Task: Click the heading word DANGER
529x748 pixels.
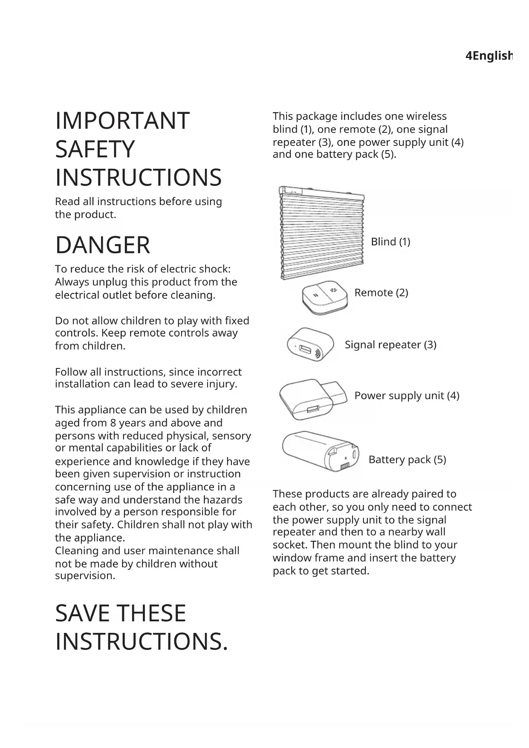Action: [x=103, y=245]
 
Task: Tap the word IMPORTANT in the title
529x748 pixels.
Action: [x=122, y=121]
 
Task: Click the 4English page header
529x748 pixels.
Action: [x=489, y=56]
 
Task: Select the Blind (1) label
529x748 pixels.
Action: [x=390, y=242]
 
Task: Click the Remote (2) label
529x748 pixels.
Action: [x=381, y=293]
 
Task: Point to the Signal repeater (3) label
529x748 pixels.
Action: [x=390, y=345]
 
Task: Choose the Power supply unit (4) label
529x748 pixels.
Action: [x=407, y=396]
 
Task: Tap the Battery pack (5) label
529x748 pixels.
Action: [x=407, y=460]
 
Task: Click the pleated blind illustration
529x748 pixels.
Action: [x=322, y=232]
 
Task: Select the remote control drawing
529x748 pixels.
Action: [x=324, y=297]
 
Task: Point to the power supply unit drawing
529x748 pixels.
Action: [x=311, y=399]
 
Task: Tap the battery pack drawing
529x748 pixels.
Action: [x=321, y=451]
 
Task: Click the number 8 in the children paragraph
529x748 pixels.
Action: [x=113, y=423]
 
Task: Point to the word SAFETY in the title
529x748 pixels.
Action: [x=95, y=149]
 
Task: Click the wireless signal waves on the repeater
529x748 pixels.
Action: [x=318, y=354]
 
